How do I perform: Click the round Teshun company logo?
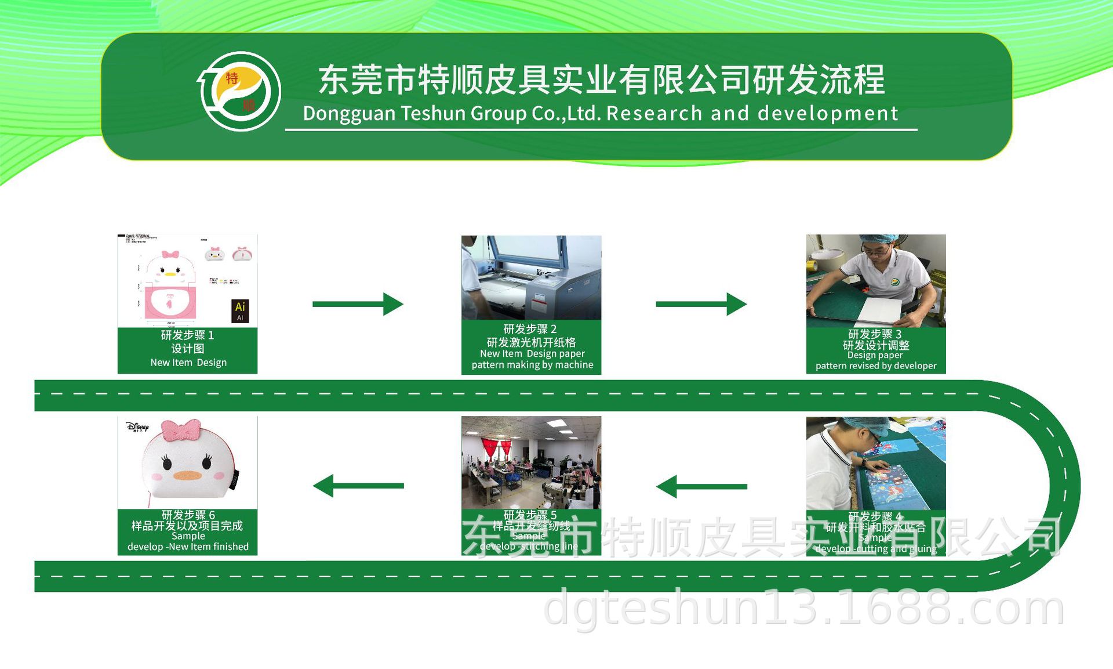240,91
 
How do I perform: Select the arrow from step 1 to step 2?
358,304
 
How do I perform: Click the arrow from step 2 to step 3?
701,304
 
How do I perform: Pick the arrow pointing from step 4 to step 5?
701,486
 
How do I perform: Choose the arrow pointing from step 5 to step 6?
358,486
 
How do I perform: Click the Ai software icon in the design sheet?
240,310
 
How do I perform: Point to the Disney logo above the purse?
137,427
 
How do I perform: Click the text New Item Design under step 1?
188,363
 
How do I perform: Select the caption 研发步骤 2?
530,329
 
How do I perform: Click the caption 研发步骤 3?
875,334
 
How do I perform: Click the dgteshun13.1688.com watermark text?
804,608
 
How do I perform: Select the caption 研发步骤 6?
188,515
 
